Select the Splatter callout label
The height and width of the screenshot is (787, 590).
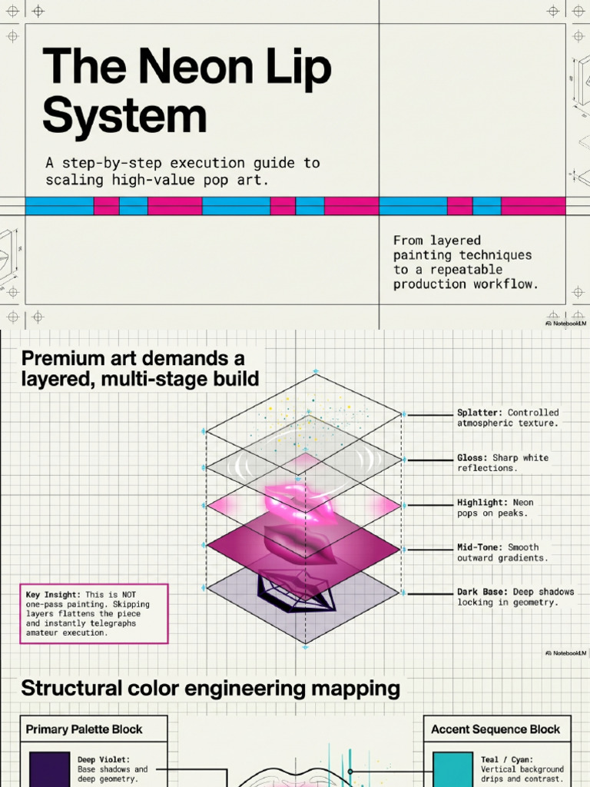pos(508,417)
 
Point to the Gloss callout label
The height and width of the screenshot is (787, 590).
pos(502,463)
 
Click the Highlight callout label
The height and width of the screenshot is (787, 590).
pos(496,507)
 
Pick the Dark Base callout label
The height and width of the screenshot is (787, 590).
pos(515,596)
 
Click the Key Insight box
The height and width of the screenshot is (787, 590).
pos(94,613)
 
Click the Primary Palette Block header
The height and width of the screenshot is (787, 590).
pos(84,729)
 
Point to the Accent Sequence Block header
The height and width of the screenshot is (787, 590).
pos(496,729)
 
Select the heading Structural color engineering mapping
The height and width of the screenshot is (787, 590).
pos(210,689)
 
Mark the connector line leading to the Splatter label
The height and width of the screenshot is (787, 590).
pos(430,415)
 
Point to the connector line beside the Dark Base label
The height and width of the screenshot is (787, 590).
pos(430,594)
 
